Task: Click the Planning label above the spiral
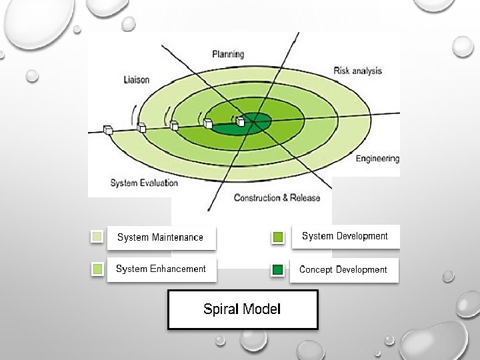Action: (x=228, y=54)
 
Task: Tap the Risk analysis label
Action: (x=357, y=71)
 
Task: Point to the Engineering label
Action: (x=377, y=159)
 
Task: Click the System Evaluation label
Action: (x=144, y=183)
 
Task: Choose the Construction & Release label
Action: (x=277, y=198)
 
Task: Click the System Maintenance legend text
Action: (x=160, y=237)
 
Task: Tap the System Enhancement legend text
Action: (x=161, y=269)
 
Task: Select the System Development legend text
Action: (x=345, y=236)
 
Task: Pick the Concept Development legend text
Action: (x=343, y=269)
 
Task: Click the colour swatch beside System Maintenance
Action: (x=97, y=236)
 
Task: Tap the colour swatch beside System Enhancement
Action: (x=97, y=269)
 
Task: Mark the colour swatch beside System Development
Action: (x=278, y=237)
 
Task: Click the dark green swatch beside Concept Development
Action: (x=278, y=270)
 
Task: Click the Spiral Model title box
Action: (x=242, y=309)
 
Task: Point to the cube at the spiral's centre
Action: (x=241, y=121)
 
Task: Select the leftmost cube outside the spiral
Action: (x=108, y=129)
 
